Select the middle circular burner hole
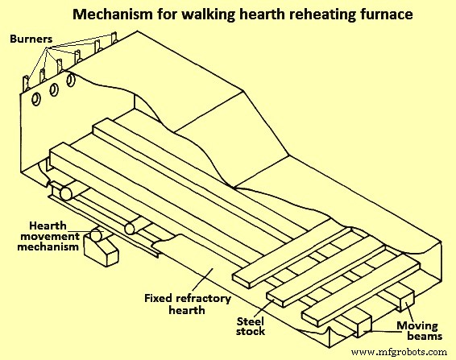tap(55, 89)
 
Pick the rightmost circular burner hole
tap(72, 81)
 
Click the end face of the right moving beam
tap(404, 302)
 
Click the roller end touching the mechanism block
tap(96, 237)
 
